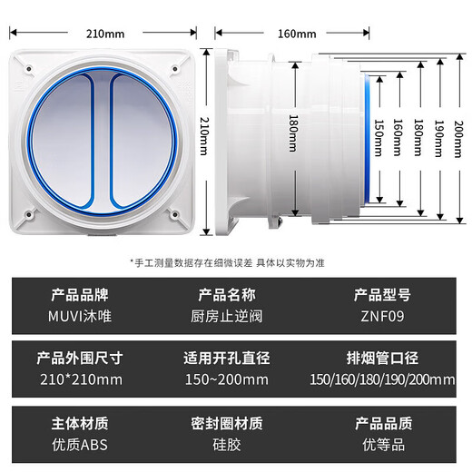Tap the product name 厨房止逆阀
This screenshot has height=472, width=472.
pos(233,317)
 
